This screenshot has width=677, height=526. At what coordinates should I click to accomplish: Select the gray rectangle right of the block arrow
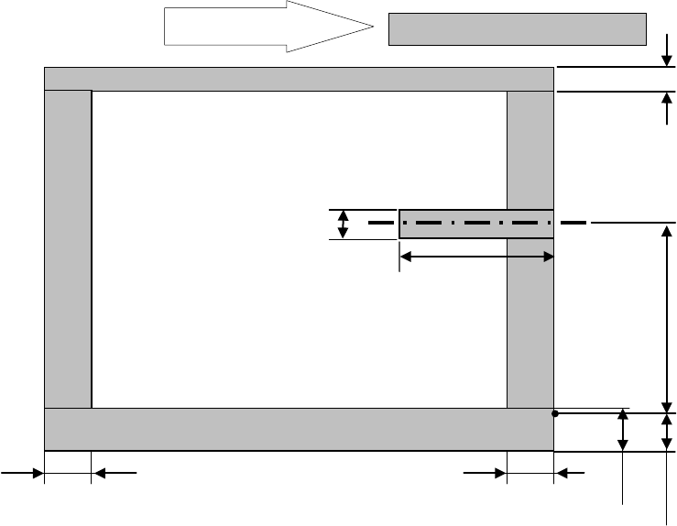518,28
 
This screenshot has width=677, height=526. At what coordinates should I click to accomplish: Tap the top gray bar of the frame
299,79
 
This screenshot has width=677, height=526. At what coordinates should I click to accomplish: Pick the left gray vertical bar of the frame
68,247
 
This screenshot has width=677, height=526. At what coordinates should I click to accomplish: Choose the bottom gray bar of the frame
299,429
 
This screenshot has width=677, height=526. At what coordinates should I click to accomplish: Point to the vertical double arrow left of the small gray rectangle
343,224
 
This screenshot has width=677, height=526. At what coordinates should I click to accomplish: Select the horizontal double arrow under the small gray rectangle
476,258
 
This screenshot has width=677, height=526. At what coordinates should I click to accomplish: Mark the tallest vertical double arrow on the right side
666,317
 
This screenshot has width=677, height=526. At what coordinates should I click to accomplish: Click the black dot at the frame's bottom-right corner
555,413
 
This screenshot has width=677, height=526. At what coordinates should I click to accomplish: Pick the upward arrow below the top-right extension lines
666,107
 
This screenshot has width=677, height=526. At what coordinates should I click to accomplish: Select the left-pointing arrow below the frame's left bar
114,473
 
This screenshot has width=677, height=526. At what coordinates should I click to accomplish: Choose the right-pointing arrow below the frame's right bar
485,473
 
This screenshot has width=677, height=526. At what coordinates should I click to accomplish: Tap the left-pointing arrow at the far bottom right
572,473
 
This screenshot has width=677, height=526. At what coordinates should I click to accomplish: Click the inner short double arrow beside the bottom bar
624,431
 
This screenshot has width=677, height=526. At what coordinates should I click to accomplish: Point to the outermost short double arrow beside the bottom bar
666,432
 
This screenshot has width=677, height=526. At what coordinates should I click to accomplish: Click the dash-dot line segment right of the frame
573,222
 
